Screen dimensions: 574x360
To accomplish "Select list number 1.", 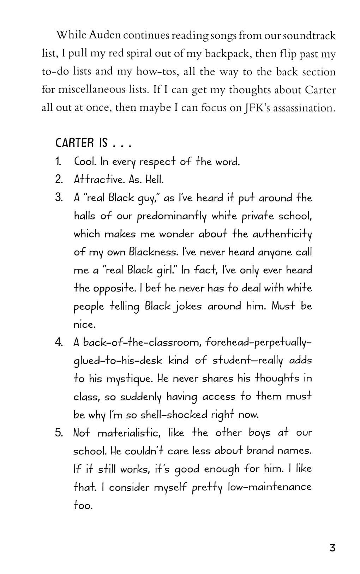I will (x=59, y=162).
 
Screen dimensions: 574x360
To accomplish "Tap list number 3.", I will (x=59, y=198).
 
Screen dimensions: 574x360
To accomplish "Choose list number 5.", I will (x=59, y=433).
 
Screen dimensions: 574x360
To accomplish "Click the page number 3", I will (x=332, y=548).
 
